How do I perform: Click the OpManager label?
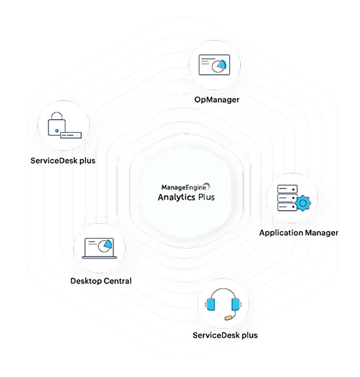pyautogui.click(x=217, y=99)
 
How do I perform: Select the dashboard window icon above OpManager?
pyautogui.click(x=214, y=65)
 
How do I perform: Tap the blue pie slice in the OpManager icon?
pyautogui.click(x=223, y=64)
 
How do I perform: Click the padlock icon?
pyautogui.click(x=57, y=124)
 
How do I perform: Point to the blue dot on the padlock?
pyautogui.click(x=57, y=131)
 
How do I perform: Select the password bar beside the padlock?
pyautogui.click(x=71, y=135)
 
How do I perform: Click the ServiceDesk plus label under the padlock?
pyautogui.click(x=63, y=160)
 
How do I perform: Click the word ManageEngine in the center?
pyautogui.click(x=183, y=187)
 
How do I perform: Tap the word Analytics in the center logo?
pyautogui.click(x=176, y=197)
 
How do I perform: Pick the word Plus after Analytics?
pyautogui.click(x=206, y=197)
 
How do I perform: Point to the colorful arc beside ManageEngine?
pyautogui.click(x=208, y=186)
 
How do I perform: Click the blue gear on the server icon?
pyautogui.click(x=303, y=203)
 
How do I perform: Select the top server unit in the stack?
pyautogui.click(x=287, y=189)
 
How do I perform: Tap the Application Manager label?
pyautogui.click(x=298, y=233)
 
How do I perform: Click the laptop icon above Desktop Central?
pyautogui.click(x=99, y=248)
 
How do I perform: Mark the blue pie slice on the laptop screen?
pyautogui.click(x=109, y=243)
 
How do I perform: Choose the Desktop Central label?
pyautogui.click(x=101, y=281)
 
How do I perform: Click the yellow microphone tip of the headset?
pyautogui.click(x=228, y=318)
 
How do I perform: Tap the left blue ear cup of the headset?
pyautogui.click(x=211, y=304)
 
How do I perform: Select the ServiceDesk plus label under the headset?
pyautogui.click(x=225, y=335)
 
